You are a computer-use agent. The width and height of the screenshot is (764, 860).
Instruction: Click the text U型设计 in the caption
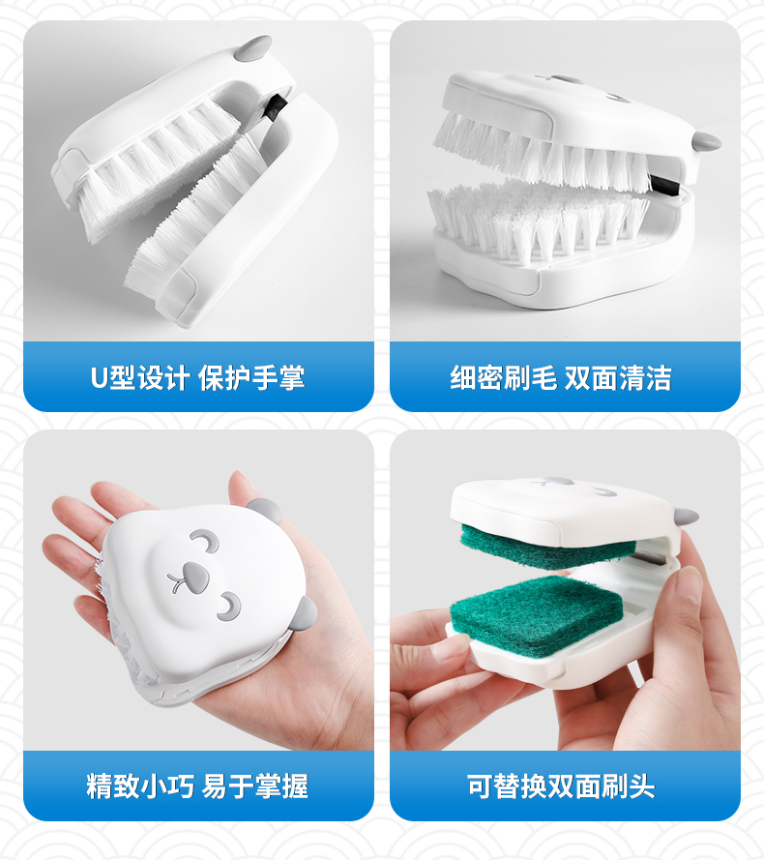coord(140,378)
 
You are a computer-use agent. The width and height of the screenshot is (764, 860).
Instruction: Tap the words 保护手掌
coord(251,378)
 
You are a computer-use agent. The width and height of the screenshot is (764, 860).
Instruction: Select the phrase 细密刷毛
coord(503,378)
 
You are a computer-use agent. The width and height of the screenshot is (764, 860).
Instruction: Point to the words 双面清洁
coord(618,378)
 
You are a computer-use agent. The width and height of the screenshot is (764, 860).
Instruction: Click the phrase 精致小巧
coord(140,786)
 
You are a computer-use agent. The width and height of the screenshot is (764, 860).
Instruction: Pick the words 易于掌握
coord(254,786)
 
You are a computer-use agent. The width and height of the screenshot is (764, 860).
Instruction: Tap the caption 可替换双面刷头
coord(561,786)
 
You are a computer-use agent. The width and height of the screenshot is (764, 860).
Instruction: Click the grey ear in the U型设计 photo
coord(252,48)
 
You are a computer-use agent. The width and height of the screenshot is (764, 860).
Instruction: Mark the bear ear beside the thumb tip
coord(265,511)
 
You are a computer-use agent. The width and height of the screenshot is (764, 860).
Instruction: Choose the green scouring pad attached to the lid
coord(547,546)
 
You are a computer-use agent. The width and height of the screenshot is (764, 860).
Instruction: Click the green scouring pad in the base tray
coord(537,613)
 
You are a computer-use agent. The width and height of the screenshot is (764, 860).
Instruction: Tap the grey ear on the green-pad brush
coord(686,517)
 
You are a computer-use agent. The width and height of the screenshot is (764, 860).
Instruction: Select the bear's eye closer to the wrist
coord(228,607)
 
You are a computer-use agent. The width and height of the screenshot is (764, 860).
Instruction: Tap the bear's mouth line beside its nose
coord(177,583)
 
